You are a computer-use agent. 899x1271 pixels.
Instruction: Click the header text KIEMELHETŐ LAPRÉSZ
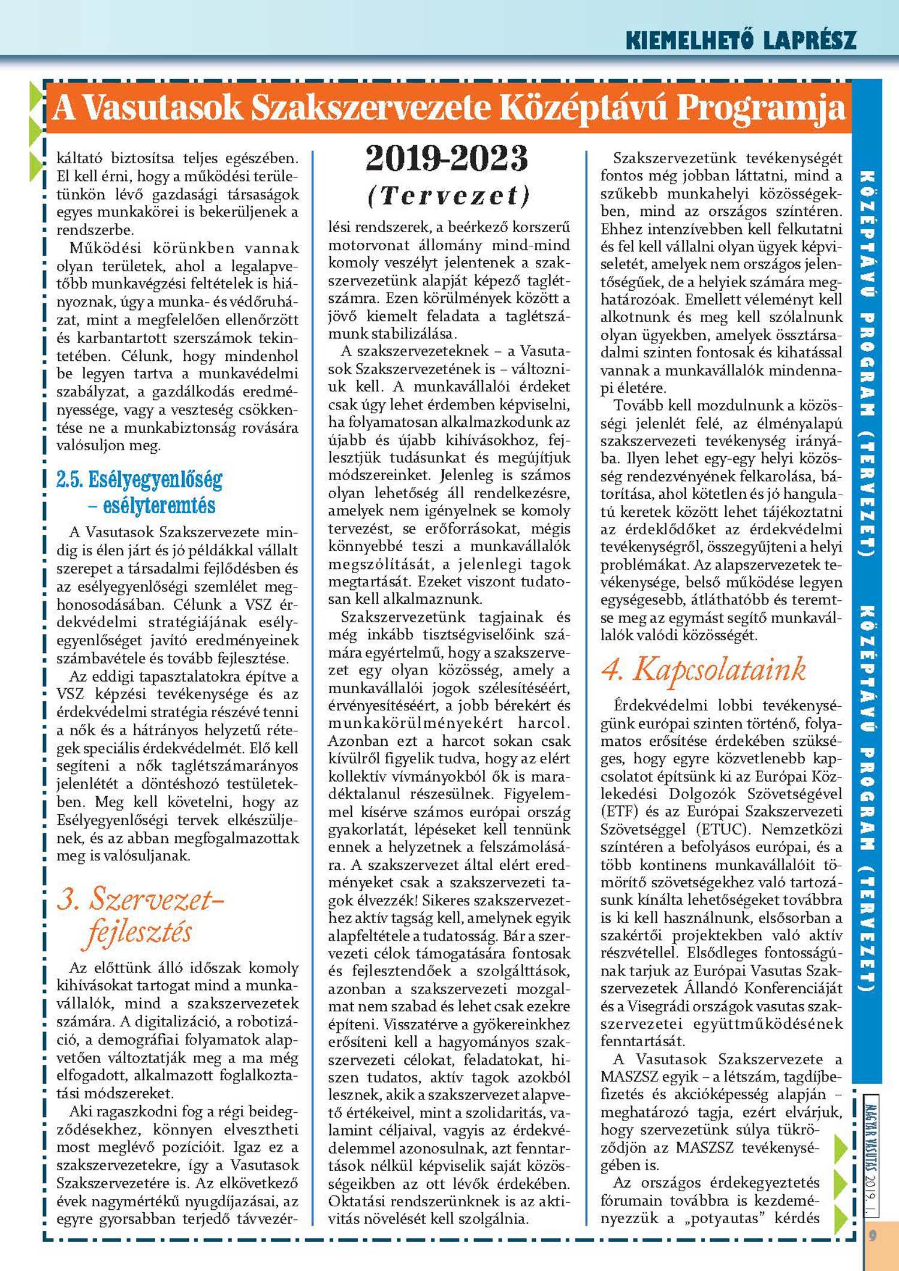(741, 40)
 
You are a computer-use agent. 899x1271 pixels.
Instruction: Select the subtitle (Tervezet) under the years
(449, 195)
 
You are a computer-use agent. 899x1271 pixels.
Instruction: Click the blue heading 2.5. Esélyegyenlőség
(139, 480)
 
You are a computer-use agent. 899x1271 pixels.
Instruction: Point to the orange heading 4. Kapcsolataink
(704, 670)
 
